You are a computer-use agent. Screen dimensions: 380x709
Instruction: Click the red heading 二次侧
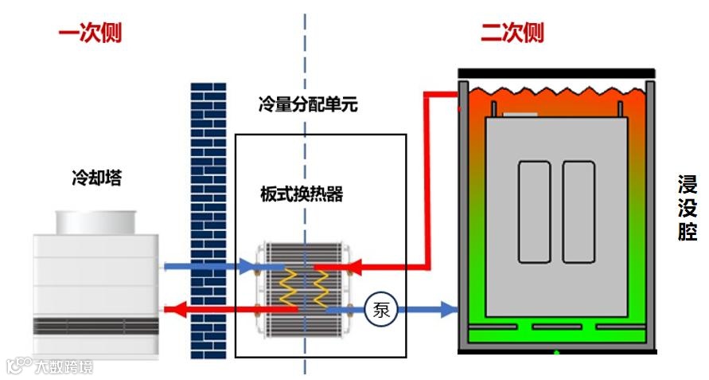click(x=512, y=33)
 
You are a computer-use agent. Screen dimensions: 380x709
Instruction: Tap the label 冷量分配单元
click(x=308, y=104)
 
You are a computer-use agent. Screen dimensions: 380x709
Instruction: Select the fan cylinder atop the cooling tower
click(x=95, y=221)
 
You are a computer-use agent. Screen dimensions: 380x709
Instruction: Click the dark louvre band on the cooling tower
click(x=95, y=326)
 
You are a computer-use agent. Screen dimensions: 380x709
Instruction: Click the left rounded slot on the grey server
click(x=534, y=212)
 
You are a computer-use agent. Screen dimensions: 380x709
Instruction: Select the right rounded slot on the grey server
click(x=578, y=212)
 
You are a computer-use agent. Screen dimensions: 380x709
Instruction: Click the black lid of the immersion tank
click(x=556, y=73)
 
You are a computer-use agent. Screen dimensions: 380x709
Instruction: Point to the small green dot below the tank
click(x=556, y=352)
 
